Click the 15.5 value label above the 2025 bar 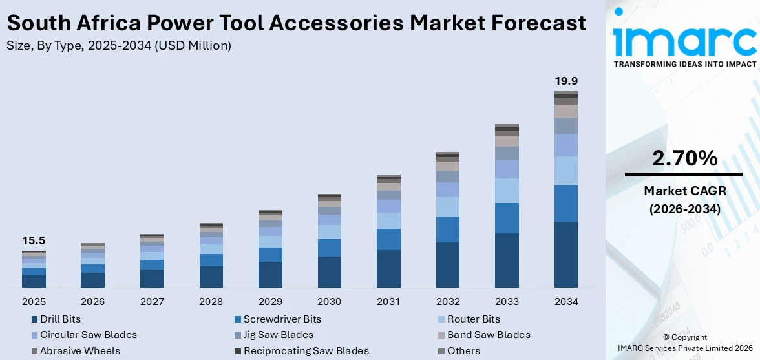point(34,240)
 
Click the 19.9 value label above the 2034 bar point(565,81)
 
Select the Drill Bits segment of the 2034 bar point(565,255)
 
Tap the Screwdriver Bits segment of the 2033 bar point(507,218)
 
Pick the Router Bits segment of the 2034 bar point(565,171)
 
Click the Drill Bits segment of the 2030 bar point(329,271)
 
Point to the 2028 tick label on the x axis point(211,302)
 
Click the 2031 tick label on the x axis point(388,302)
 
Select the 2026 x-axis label point(93,302)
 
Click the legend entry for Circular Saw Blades point(89,335)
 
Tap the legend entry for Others point(463,351)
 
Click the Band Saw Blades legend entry point(489,335)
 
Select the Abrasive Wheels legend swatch point(34,351)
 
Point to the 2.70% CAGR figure point(684,158)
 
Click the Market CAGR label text point(684,191)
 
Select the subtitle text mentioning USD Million point(118,45)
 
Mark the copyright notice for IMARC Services point(684,343)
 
